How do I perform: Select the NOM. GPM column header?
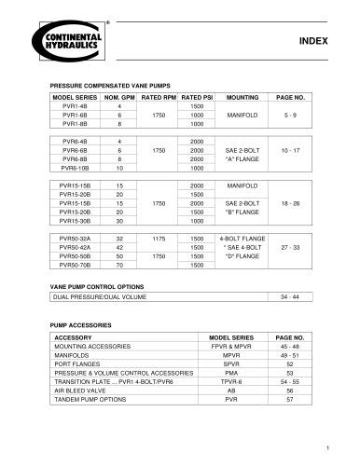(119, 97)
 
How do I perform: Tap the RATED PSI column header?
(198, 97)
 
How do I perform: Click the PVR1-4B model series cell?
(73, 105)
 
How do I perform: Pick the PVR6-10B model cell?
(73, 169)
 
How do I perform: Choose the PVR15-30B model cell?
(73, 222)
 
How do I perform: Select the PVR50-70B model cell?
(73, 267)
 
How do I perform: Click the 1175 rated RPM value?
(158, 240)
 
